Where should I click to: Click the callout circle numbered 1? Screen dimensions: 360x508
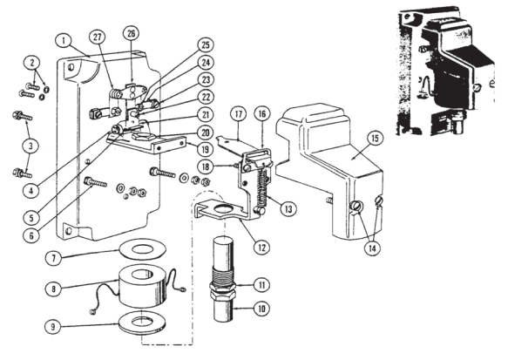[x=64, y=40]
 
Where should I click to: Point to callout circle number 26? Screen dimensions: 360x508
[x=132, y=34]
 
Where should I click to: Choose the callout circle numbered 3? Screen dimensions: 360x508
[x=30, y=144]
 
